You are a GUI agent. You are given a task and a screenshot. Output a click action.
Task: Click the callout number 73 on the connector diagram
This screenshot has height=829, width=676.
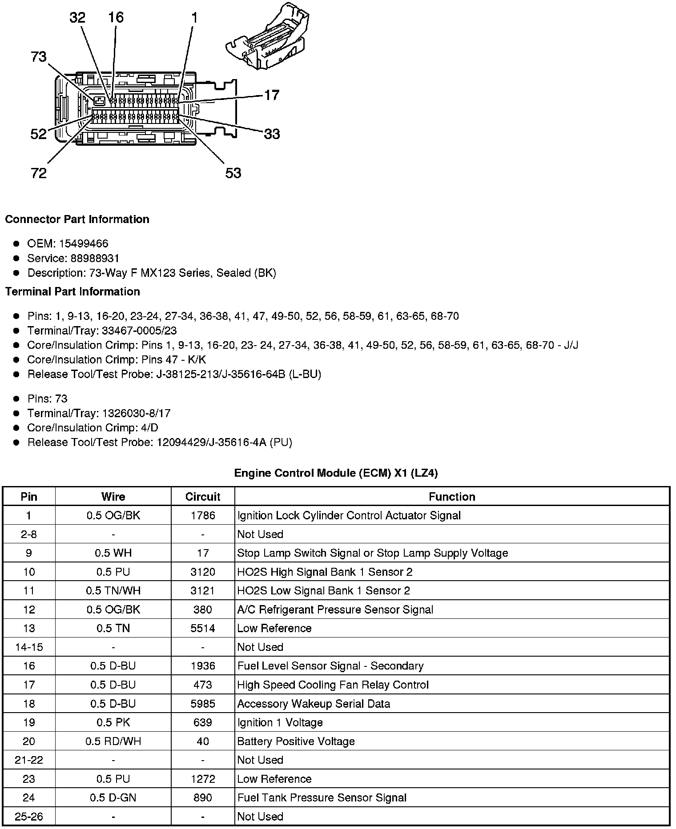[x=39, y=57]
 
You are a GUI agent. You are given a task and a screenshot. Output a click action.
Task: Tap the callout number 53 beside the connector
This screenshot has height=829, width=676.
[x=233, y=173]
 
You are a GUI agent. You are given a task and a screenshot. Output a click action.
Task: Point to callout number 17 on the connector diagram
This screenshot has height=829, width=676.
[x=272, y=95]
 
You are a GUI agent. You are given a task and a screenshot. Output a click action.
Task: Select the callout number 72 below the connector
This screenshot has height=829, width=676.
[x=39, y=173]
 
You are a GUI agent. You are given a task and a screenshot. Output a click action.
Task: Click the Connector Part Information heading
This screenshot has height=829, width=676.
[x=77, y=219]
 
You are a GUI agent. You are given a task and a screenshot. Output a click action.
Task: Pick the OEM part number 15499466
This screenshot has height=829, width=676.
[x=84, y=243]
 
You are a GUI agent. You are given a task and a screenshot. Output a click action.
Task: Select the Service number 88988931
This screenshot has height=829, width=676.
[x=95, y=258]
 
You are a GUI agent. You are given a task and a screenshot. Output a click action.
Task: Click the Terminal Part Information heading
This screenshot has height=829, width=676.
[x=72, y=291]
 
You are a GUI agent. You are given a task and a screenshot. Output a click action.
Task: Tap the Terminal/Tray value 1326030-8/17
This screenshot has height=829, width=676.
[x=136, y=413]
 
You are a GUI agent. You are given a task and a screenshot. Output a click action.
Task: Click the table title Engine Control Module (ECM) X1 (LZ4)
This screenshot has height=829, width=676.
[x=336, y=473]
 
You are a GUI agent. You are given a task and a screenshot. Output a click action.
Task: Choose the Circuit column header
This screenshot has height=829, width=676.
[x=203, y=497]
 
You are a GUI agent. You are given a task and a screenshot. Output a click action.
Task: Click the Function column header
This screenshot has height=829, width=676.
[x=452, y=497]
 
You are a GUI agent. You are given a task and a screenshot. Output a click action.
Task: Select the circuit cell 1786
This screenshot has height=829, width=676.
[x=203, y=515]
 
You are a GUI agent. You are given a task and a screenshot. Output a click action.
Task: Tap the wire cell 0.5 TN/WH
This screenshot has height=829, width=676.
[x=113, y=590]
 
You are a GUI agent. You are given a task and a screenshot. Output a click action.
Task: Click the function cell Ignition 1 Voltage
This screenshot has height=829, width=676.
[x=280, y=722]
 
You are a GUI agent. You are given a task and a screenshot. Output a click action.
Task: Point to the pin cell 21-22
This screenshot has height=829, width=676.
[x=29, y=760]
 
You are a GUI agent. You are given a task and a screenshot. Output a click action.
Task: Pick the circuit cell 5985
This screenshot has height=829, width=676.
[x=203, y=704]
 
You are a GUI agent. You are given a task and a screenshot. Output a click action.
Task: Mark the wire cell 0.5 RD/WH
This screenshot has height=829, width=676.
[x=113, y=741]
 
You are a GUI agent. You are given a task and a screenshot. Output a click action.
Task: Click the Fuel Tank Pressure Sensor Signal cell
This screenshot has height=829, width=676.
[x=322, y=797]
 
